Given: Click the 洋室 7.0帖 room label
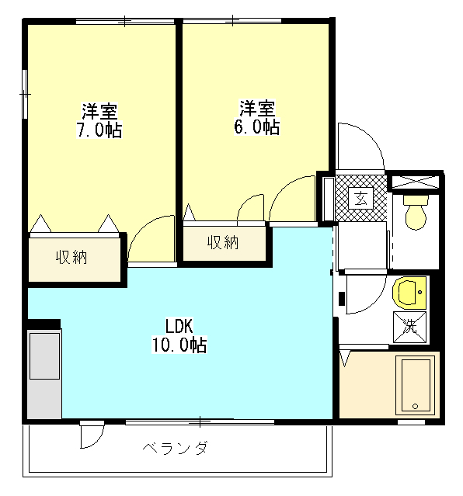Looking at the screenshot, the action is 99,120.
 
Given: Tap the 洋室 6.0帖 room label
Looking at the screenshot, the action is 257,118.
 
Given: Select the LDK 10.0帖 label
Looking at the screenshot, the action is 179,335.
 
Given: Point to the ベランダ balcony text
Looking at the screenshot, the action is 175,448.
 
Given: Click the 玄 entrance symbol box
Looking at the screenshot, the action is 360,199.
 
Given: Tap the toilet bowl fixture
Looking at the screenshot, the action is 416,212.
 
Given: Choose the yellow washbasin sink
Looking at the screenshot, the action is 409,293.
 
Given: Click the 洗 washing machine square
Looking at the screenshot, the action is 410,328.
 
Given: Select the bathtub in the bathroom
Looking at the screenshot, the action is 415,385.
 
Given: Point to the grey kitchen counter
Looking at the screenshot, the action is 44,373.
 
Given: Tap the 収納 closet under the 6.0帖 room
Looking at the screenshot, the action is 225,244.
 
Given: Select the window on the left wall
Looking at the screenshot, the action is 25,94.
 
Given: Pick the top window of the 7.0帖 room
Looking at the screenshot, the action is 125,21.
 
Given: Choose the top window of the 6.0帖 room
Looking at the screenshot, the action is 232,21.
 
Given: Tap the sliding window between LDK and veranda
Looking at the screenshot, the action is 200,422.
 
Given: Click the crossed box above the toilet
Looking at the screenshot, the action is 416,182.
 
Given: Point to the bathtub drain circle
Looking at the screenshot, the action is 415,407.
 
